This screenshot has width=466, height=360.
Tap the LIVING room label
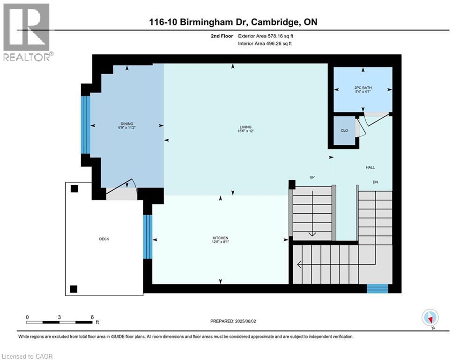coord(245,127)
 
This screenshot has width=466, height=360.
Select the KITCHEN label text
coord(220,239)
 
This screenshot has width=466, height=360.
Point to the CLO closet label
coord(344,130)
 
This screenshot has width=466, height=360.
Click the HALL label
coord(370,167)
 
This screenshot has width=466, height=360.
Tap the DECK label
coord(104,239)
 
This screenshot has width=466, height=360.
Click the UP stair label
coord(312,178)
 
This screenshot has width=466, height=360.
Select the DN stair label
coord(375,182)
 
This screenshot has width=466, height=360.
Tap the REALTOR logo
coord(27,33)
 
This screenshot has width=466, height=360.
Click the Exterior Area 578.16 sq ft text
coord(266,36)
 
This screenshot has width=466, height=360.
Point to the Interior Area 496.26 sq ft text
coord(266,44)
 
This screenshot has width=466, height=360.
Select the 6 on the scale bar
coord(92,317)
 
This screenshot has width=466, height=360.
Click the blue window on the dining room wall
coord(85,125)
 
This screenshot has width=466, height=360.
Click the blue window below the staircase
coord(377,288)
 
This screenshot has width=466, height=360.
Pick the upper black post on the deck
coord(74,189)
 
